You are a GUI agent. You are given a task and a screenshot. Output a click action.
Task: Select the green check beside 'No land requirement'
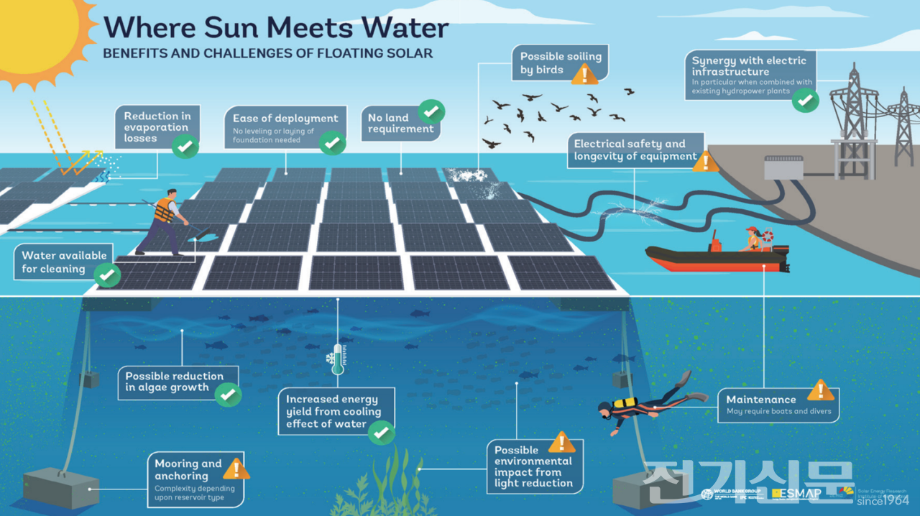pyautogui.click(x=431, y=111)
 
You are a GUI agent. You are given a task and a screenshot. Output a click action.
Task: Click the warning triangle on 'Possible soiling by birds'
pyautogui.click(x=584, y=73)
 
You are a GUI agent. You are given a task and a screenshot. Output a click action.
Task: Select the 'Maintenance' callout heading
pyautogui.click(x=761, y=400)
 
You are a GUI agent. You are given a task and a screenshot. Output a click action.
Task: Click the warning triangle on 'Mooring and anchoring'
pyautogui.click(x=236, y=470)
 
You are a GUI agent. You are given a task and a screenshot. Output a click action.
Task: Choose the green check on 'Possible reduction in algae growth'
pyautogui.click(x=229, y=394)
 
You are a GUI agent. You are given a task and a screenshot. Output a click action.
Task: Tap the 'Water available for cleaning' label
pyautogui.click(x=63, y=262)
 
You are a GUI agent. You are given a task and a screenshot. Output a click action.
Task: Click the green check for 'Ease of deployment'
pyautogui.click(x=331, y=142)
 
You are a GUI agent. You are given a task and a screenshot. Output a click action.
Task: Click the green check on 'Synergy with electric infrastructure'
pyautogui.click(x=806, y=101)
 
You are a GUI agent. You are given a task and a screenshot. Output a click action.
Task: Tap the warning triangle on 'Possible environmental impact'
pyautogui.click(x=561, y=442)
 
